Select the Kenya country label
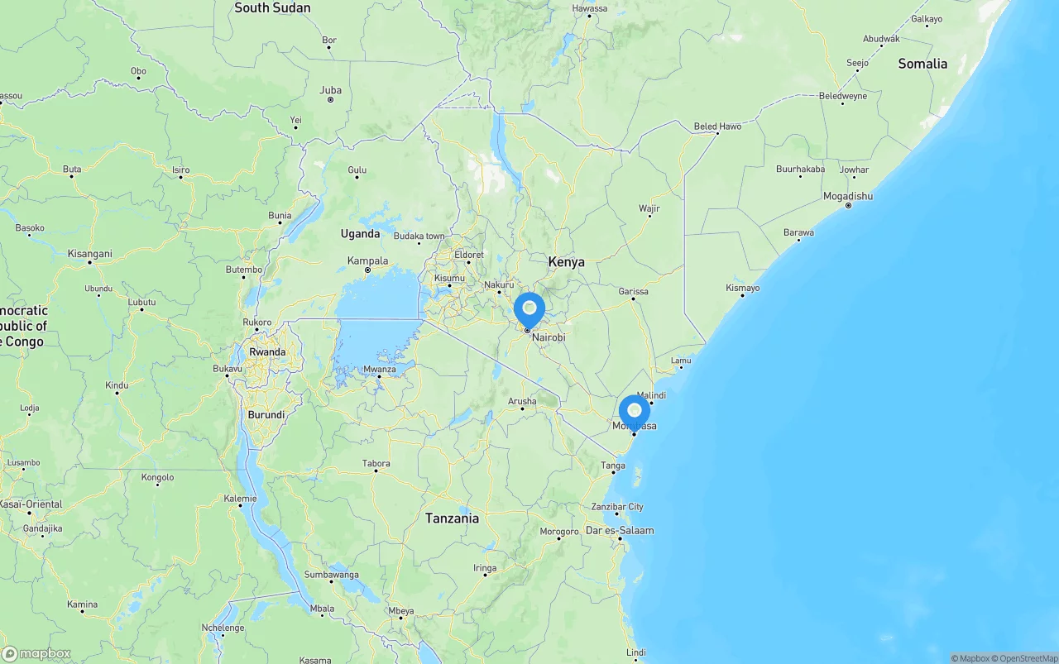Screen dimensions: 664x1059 point(566,261)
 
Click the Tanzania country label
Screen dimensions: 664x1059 point(452,518)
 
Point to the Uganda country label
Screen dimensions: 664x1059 point(360,234)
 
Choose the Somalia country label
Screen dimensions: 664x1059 point(922,64)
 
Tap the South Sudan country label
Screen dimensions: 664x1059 point(272,8)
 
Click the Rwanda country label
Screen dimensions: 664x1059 point(267,351)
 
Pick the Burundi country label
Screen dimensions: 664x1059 point(266,415)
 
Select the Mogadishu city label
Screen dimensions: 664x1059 point(847,196)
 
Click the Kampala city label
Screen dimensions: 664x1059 point(367,260)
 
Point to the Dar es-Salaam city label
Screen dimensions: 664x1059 point(619,530)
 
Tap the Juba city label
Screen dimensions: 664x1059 point(330,90)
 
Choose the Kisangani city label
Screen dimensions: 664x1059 point(89,253)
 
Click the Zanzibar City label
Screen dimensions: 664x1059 point(617,506)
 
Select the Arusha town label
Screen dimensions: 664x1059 point(522,401)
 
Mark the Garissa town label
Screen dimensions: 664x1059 point(633,291)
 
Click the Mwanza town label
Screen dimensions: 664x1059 point(380,369)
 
